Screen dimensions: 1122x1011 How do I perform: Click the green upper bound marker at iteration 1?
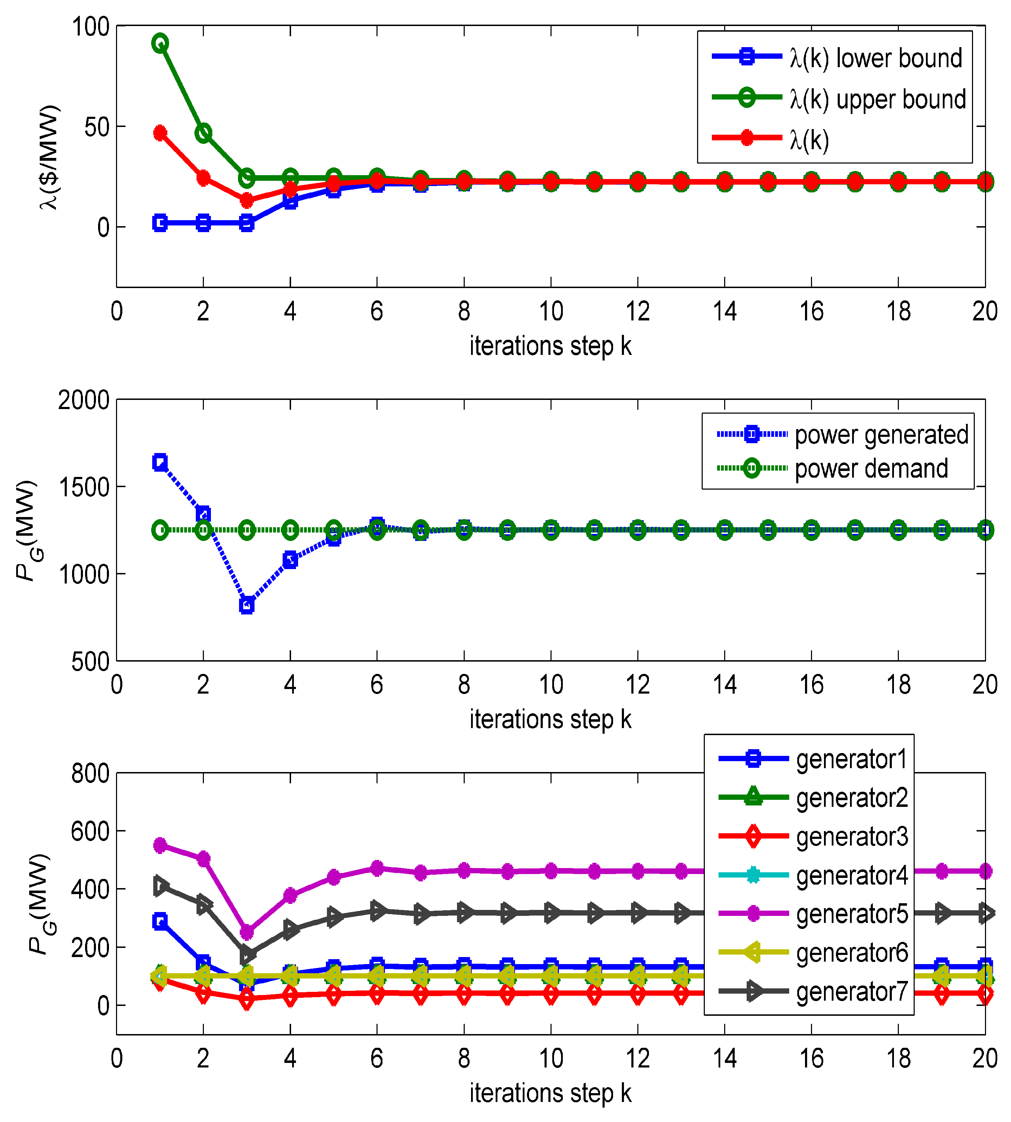pos(160,43)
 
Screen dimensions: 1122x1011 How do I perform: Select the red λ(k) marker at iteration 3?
pos(247,200)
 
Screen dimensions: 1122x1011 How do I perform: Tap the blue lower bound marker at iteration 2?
pos(203,223)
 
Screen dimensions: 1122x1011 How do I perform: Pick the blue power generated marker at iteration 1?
pos(160,462)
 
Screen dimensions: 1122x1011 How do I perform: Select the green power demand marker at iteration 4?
pos(290,530)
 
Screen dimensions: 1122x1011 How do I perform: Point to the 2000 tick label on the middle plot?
pos(83,400)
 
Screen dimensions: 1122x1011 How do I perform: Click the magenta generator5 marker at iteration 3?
pos(247,932)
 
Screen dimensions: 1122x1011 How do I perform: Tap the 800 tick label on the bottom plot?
pos(90,773)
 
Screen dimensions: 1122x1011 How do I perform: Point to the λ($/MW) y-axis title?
pos(49,157)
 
